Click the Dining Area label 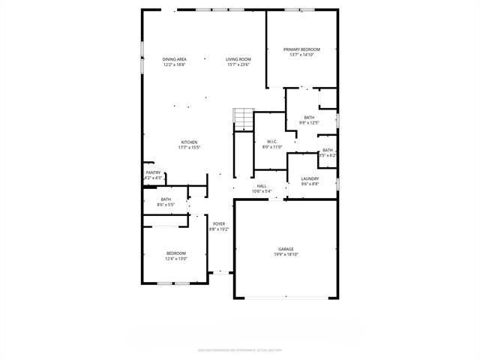174,59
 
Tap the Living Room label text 238,59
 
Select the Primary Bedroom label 302,49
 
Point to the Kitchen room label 188,142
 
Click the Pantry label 152,172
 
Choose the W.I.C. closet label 271,142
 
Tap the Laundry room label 310,178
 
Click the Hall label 262,186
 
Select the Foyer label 219,223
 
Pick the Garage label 286,249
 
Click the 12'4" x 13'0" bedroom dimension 176,259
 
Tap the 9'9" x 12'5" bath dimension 309,123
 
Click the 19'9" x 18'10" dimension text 286,255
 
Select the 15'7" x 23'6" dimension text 238,64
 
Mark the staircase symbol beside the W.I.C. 244,119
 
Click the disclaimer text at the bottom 240,349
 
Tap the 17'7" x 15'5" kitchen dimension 188,148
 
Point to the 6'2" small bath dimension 327,155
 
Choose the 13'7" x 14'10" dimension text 302,55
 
